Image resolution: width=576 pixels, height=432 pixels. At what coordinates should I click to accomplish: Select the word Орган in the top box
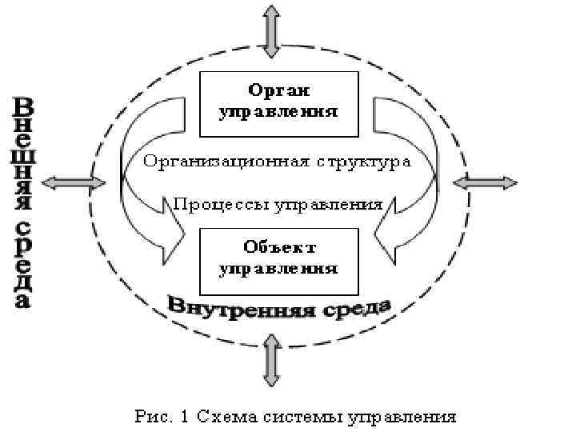(x=278, y=90)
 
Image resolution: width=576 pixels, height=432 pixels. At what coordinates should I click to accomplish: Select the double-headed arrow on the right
(x=485, y=183)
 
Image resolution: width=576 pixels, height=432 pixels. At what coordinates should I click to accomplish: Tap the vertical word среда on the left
(x=24, y=260)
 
